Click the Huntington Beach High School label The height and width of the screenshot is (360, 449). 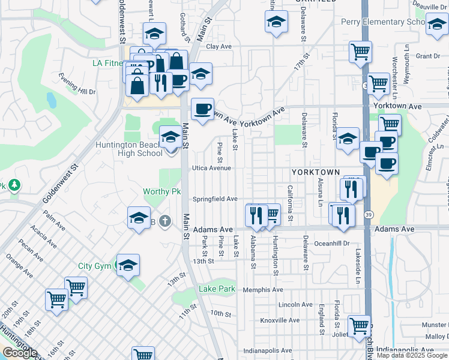coord(128,149)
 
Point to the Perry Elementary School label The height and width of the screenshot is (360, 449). coord(382,22)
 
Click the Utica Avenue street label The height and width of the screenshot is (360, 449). coord(211,168)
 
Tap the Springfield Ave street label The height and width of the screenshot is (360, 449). coord(215,199)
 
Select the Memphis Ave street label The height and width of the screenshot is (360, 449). coord(263,290)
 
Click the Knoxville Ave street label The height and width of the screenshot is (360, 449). coord(280,320)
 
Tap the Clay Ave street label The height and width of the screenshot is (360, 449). coord(218,46)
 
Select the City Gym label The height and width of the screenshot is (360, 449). coord(94,266)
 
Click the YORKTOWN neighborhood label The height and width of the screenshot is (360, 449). coord(320,172)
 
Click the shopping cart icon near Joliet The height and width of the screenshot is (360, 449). coord(359,325)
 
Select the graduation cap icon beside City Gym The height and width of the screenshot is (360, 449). coord(128,265)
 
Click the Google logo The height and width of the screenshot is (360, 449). coord(20,353)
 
